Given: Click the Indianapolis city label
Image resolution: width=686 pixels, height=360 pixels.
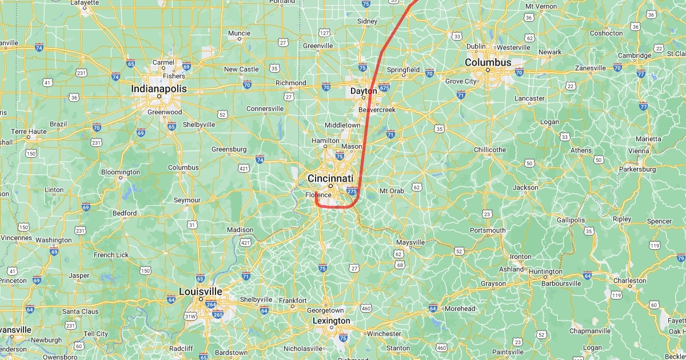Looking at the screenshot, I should tap(158, 89).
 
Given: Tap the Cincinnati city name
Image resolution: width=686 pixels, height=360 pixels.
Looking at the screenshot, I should tap(330, 178).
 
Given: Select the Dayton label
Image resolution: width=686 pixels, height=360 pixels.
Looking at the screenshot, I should tap(363, 90).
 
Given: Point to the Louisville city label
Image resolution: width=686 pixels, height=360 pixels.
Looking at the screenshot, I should tap(200, 291).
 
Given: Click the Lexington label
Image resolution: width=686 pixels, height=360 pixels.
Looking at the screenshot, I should tap(331, 321).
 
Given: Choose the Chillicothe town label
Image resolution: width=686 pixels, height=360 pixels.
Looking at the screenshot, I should tap(489, 150).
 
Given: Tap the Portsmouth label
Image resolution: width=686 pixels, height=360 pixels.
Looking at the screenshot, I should tap(488, 230).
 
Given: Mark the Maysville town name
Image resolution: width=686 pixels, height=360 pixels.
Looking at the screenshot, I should tap(410, 242).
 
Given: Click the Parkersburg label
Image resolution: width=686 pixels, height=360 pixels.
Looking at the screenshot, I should tap(639, 169).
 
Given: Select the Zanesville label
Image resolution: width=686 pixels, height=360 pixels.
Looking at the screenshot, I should tap(590, 68).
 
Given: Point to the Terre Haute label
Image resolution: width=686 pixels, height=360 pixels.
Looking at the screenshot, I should tap(28, 131).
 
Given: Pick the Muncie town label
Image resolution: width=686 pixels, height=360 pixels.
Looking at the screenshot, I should tap(239, 33).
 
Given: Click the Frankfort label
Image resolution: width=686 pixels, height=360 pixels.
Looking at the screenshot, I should tap(293, 301).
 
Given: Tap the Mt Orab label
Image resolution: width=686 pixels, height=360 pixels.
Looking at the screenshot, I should tap(392, 191).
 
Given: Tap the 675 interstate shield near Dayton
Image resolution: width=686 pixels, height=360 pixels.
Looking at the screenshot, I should tap(384, 87).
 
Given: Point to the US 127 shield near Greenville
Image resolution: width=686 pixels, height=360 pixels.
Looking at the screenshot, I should tap(324, 33).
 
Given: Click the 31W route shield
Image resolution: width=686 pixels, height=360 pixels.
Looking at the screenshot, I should tap(190, 315).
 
